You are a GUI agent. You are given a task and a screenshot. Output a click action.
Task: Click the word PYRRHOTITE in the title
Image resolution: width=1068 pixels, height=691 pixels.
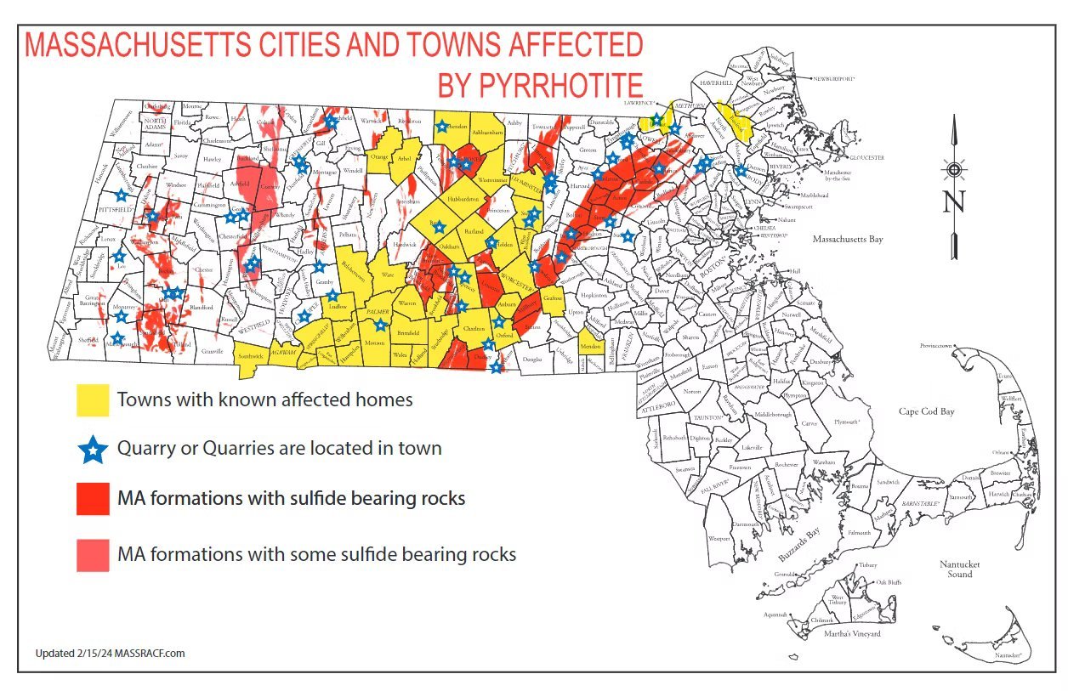(x=540, y=85)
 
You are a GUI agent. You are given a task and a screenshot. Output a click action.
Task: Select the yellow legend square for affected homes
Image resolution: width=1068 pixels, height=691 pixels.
(x=93, y=399)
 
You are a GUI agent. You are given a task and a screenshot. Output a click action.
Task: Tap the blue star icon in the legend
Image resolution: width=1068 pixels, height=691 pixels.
(x=93, y=448)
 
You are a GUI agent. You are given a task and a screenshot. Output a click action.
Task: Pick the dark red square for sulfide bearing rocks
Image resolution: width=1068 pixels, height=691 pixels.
(x=93, y=498)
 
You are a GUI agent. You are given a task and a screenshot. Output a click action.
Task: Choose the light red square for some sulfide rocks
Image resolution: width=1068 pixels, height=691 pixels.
(x=93, y=555)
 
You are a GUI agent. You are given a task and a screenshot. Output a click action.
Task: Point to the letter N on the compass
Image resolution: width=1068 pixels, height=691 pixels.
(x=954, y=202)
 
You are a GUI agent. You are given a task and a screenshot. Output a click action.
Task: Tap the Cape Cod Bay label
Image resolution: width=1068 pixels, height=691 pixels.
(x=926, y=411)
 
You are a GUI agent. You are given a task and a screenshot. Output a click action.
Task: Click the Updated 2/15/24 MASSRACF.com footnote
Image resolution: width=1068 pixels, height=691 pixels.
(x=110, y=654)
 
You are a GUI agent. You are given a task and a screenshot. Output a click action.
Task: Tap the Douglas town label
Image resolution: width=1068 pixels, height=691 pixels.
(x=532, y=360)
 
